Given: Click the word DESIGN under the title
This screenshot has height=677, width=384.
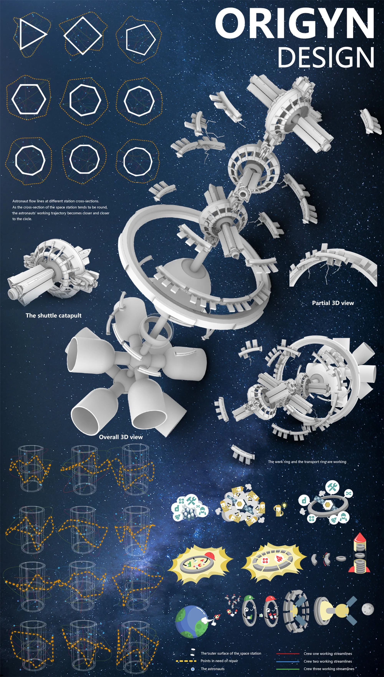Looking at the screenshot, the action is [x=326, y=57].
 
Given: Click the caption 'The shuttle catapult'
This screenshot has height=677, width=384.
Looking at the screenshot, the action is [x=54, y=315].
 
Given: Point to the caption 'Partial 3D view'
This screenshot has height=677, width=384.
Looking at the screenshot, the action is [x=333, y=303].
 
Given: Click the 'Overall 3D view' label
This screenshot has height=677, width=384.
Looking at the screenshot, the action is [x=121, y=437].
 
